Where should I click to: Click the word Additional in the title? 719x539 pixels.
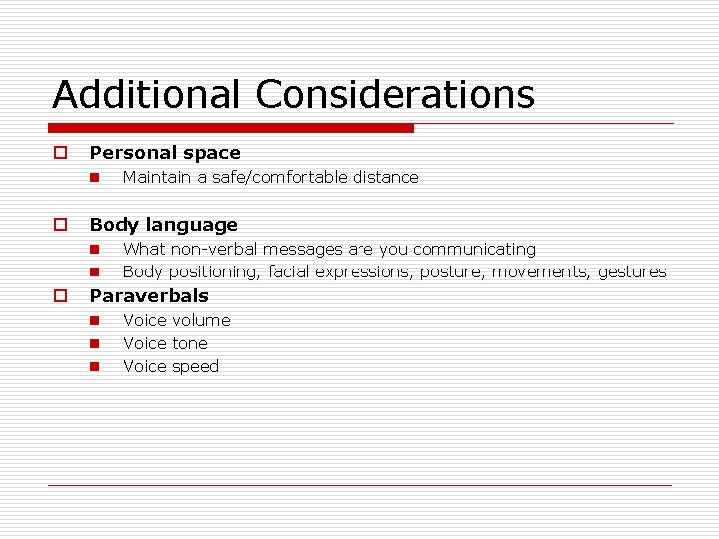pyautogui.click(x=147, y=95)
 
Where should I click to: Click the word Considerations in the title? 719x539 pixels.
pyautogui.click(x=394, y=95)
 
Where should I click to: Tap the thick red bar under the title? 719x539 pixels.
pyautogui.click(x=232, y=128)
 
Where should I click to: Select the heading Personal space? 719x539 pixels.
pyautogui.click(x=165, y=153)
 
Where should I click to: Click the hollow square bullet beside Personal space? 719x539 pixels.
pyautogui.click(x=60, y=153)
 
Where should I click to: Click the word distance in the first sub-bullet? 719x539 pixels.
pyautogui.click(x=384, y=177)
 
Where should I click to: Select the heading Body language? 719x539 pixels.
pyautogui.click(x=164, y=225)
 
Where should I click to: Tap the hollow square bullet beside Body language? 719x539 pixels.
pyautogui.click(x=60, y=225)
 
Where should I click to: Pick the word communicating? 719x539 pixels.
pyautogui.click(x=474, y=249)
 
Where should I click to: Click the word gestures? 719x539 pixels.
pyautogui.click(x=632, y=271)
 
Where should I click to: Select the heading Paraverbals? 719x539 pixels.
pyautogui.click(x=149, y=295)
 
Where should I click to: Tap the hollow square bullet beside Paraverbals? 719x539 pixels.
pyautogui.click(x=60, y=295)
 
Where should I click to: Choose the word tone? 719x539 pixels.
pyautogui.click(x=190, y=343)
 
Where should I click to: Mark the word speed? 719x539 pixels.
pyautogui.click(x=196, y=366)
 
